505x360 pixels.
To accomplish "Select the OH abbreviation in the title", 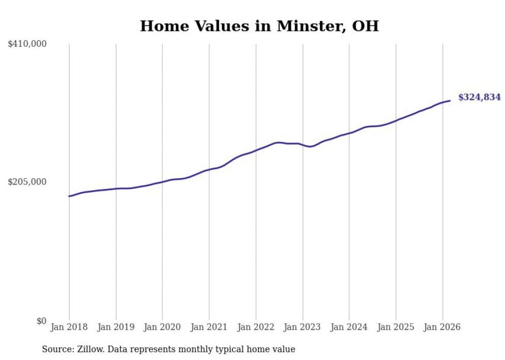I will [365, 26].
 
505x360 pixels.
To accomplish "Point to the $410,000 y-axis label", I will [27, 44].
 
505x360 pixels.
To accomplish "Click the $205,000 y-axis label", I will [27, 182].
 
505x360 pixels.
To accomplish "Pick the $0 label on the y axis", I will [41, 321].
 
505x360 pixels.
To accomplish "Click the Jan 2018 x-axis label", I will [69, 327].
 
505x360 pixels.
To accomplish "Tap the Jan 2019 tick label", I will [116, 327].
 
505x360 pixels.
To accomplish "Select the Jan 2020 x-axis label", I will [162, 327].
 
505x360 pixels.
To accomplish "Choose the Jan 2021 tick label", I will [209, 327].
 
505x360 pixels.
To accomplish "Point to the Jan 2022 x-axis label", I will [256, 327].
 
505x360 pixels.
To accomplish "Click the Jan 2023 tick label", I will [302, 327].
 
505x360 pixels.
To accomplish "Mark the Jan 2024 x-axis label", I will [349, 327].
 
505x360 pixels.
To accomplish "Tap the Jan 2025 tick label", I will [396, 327].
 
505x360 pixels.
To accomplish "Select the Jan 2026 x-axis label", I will [442, 327].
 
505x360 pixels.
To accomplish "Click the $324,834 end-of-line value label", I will [479, 97].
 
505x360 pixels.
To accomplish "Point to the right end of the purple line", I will [450, 100].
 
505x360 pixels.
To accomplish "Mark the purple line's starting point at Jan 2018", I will [69, 196].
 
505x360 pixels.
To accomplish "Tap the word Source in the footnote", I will [56, 349].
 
